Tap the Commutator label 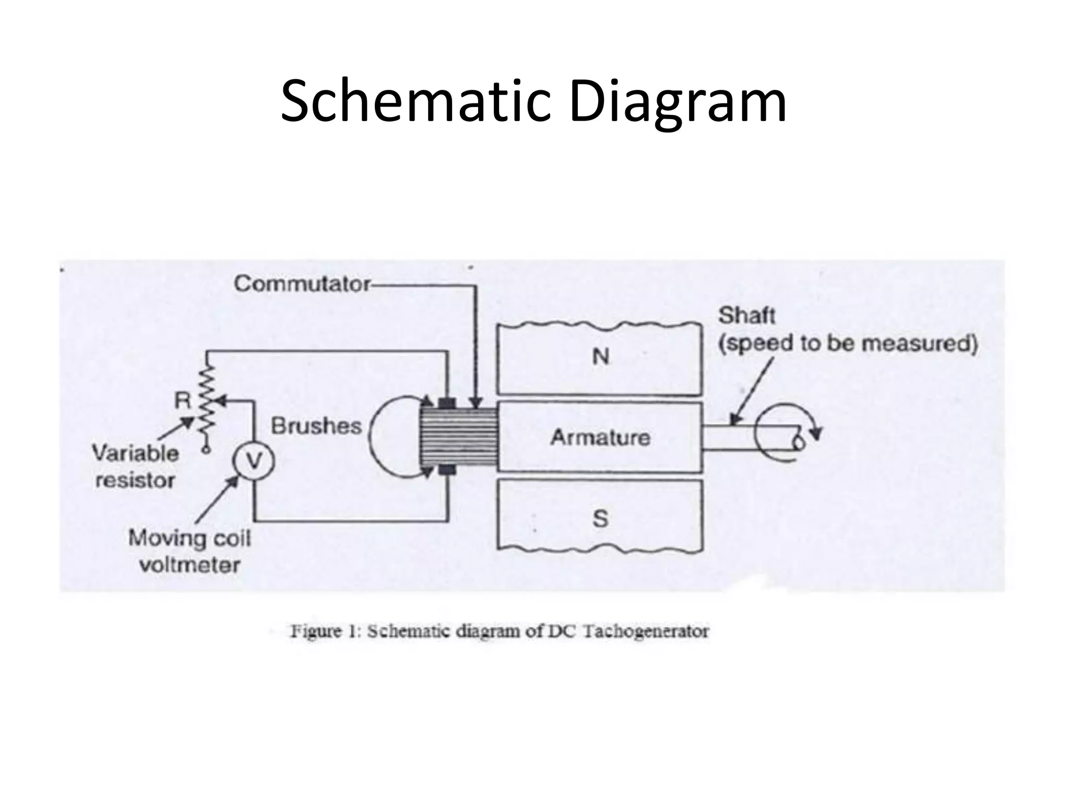coord(302,284)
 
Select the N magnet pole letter coord(600,357)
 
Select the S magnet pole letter coord(600,518)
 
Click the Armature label coord(600,437)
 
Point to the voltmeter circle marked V coord(254,461)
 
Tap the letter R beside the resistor coord(183,401)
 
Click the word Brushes coord(316,427)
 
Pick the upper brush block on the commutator coord(447,403)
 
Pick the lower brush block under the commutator coord(447,470)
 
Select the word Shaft coord(746,315)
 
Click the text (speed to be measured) coord(848,344)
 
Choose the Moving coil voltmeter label coord(190,551)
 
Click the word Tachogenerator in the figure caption coord(645,631)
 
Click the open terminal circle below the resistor coord(207,449)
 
